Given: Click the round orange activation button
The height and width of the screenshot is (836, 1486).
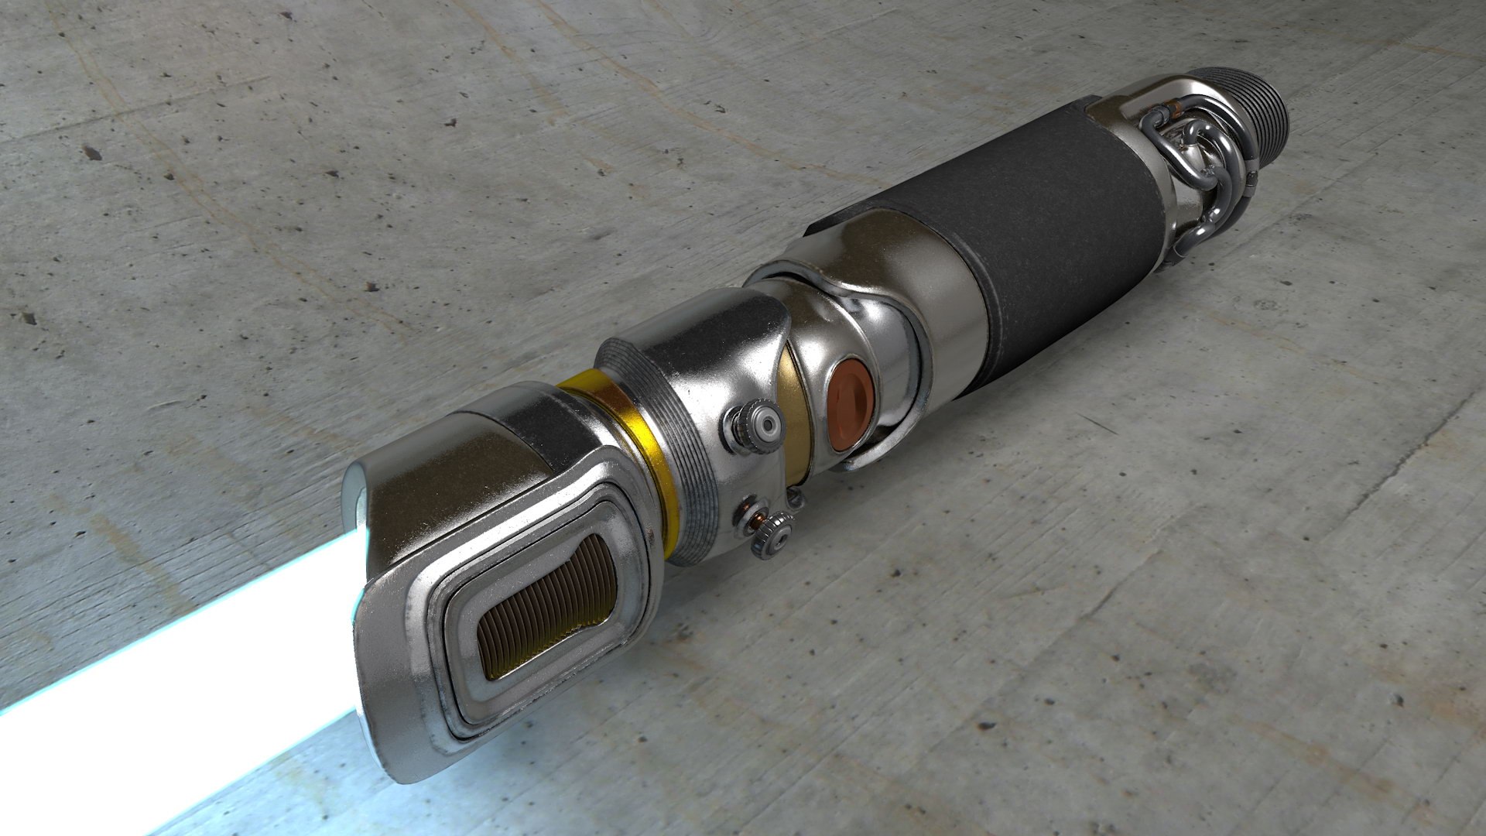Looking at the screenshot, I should (x=851, y=404).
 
